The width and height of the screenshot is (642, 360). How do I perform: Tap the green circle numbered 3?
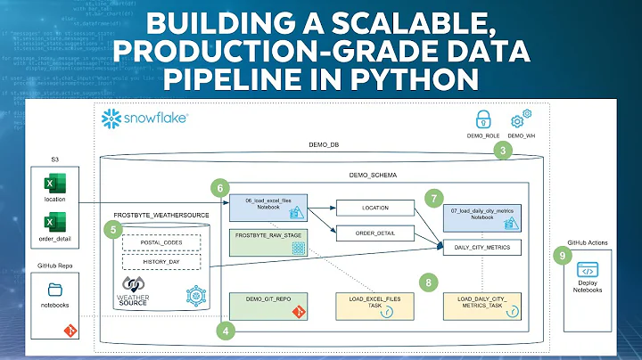tap(504, 151)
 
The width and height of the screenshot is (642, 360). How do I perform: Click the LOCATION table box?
tap(375, 207)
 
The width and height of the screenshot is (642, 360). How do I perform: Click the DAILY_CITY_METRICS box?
tap(481, 247)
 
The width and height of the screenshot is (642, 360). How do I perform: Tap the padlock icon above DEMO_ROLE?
tap(481, 119)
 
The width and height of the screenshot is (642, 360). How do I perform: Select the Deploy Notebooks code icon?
tap(588, 270)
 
